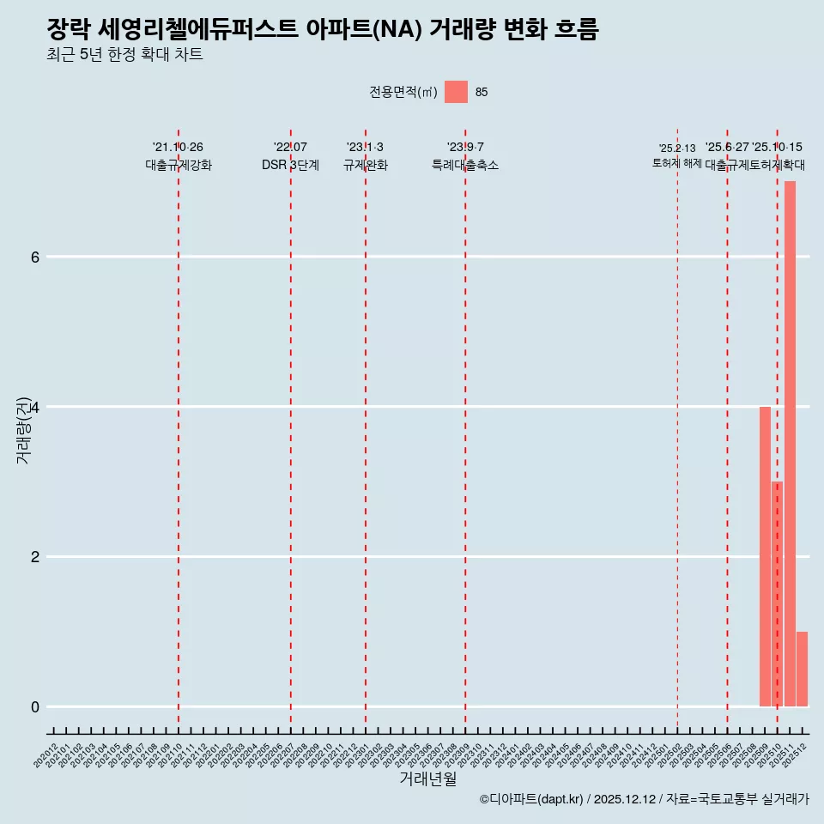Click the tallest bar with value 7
pos(790,443)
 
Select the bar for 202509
pos(765,556)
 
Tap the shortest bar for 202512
pos(802,669)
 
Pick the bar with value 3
pos(777,594)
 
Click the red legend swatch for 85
pos(456,92)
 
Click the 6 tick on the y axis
pos(35,257)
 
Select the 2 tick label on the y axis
pos(35,556)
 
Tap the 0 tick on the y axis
pos(35,706)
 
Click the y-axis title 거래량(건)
pos(24,429)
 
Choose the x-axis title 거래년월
pos(427,779)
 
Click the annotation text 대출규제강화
pos(178,165)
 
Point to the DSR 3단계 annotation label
pos(290,165)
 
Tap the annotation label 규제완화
pos(365,165)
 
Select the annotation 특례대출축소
pos(464,165)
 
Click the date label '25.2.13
pos(677,148)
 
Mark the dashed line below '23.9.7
pos(465,429)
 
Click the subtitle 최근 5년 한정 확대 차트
pos(125,55)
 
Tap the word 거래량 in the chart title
pos(459,30)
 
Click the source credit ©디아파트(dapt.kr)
pos(531,799)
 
